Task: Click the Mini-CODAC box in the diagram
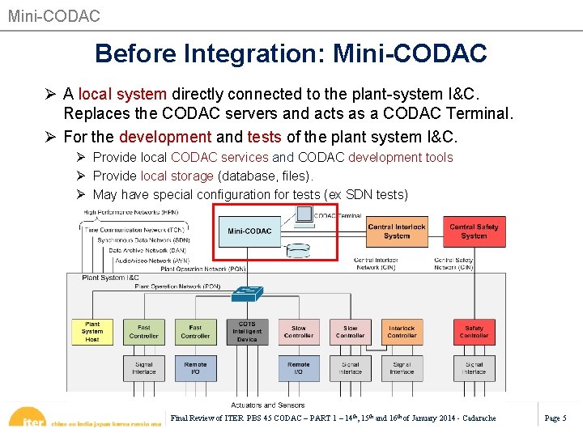(249, 231)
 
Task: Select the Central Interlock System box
(397, 231)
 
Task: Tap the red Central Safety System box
(474, 231)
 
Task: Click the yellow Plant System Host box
(92, 331)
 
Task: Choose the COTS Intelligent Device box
(247, 332)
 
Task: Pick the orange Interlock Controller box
(402, 332)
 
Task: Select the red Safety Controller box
(474, 332)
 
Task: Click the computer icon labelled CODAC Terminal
(303, 215)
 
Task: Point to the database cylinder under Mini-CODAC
(300, 249)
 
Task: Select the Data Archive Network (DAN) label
(149, 250)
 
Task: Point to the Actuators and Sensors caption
(268, 405)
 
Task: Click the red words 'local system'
(122, 95)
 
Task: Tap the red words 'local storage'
(177, 176)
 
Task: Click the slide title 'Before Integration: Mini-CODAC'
(291, 53)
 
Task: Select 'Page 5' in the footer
(555, 418)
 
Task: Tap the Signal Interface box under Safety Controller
(474, 368)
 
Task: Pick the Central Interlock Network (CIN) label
(376, 264)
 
